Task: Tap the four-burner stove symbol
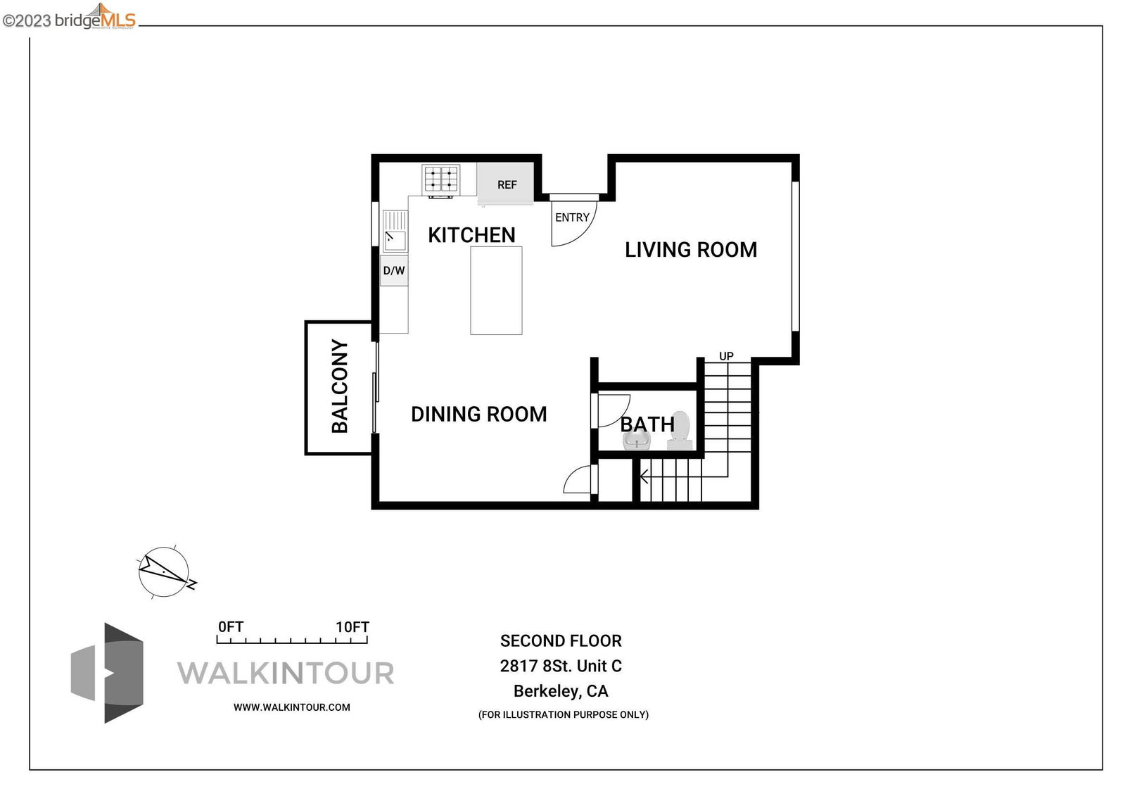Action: pyautogui.click(x=441, y=179)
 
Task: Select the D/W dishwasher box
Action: pyautogui.click(x=394, y=271)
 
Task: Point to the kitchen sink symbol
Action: pyautogui.click(x=395, y=231)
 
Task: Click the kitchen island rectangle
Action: pyautogui.click(x=496, y=291)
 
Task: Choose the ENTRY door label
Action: pyautogui.click(x=572, y=217)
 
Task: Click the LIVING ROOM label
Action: pyautogui.click(x=691, y=250)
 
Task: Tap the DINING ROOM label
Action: pyautogui.click(x=478, y=414)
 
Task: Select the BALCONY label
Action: pyautogui.click(x=340, y=386)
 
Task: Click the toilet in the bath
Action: pyautogui.click(x=680, y=431)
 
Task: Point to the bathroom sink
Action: pyautogui.click(x=636, y=441)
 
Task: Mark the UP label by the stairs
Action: pyautogui.click(x=726, y=356)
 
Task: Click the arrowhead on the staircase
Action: pyautogui.click(x=644, y=476)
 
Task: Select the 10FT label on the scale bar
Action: pyautogui.click(x=352, y=627)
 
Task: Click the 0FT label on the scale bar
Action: pyautogui.click(x=231, y=627)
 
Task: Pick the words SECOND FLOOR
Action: pyautogui.click(x=561, y=640)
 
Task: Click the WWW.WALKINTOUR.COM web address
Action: pyautogui.click(x=292, y=707)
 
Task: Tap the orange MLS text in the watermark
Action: pyautogui.click(x=118, y=20)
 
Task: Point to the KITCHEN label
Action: pyautogui.click(x=471, y=235)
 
